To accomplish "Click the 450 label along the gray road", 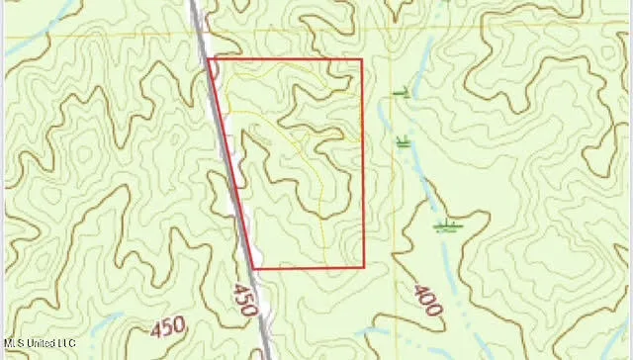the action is pyautogui.click(x=244, y=294).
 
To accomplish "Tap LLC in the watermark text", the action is pyautogui.click(x=66, y=343).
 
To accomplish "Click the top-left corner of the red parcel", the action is pyautogui.click(x=211, y=60).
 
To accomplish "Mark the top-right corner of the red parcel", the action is pyautogui.click(x=361, y=59).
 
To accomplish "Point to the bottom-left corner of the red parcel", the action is pyautogui.click(x=255, y=268).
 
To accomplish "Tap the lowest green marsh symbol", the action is pyautogui.click(x=447, y=225).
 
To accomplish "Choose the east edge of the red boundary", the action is pyautogui.click(x=362, y=163).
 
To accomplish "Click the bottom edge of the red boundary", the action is pyautogui.click(x=310, y=268).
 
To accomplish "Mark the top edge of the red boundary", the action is pyautogui.click(x=287, y=59).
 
